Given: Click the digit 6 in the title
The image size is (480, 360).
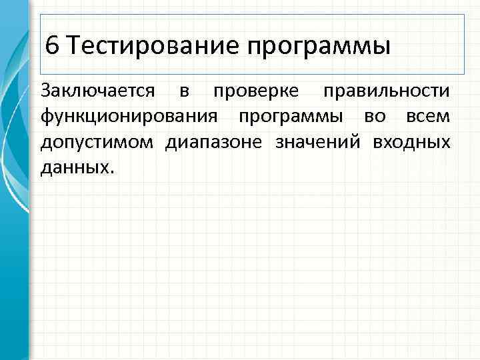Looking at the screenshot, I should pyautogui.click(x=53, y=46).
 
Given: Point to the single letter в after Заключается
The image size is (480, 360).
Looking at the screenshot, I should pyautogui.click(x=183, y=91).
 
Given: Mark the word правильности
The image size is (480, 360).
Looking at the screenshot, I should pyautogui.click(x=386, y=92).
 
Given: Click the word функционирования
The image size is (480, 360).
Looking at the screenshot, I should pyautogui.click(x=129, y=117).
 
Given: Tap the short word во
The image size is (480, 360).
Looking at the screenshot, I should pyautogui.click(x=374, y=117).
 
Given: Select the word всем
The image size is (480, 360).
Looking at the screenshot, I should pyautogui.click(x=427, y=117).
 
